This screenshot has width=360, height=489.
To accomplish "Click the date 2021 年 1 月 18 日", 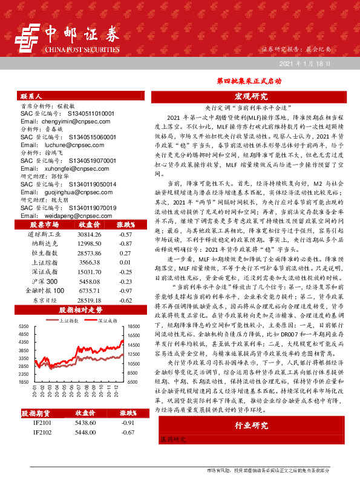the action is pos(305,64).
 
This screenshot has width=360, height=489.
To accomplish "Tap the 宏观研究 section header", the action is pos(250,96).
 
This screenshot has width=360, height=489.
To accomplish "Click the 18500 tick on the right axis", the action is pos(134,326).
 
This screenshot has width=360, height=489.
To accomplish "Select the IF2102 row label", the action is pos(42,433).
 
